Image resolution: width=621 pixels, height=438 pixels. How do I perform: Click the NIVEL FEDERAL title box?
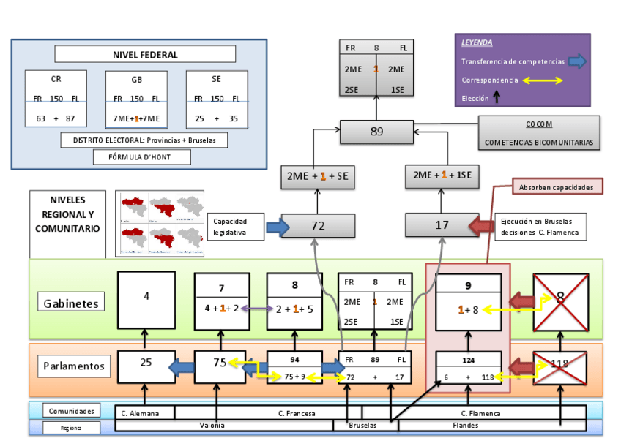pos(145,54)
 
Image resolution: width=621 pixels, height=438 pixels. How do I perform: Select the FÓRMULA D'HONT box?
pos(143,156)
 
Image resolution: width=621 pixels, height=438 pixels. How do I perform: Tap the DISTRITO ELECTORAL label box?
pos(144,140)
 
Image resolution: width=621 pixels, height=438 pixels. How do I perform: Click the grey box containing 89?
pos(376,132)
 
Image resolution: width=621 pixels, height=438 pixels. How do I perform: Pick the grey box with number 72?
pos(318,225)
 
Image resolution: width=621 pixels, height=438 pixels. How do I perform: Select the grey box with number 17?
pos(442,225)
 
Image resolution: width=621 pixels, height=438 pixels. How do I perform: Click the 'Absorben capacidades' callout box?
pos(557,186)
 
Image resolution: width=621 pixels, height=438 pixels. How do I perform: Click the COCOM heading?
pos(539,124)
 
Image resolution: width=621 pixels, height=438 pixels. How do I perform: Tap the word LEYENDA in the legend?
pos(477,42)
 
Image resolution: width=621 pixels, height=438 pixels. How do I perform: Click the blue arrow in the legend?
pos(577,61)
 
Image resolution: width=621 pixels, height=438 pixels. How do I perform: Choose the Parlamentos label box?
pos(73,365)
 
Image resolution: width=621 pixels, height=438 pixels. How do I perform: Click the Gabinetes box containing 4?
pos(146,300)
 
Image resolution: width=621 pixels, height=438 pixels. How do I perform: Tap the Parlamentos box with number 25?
pos(146,366)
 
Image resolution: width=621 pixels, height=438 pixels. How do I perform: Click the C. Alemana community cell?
pos(145,413)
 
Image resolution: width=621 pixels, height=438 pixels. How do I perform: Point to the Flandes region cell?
pos(466,425)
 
